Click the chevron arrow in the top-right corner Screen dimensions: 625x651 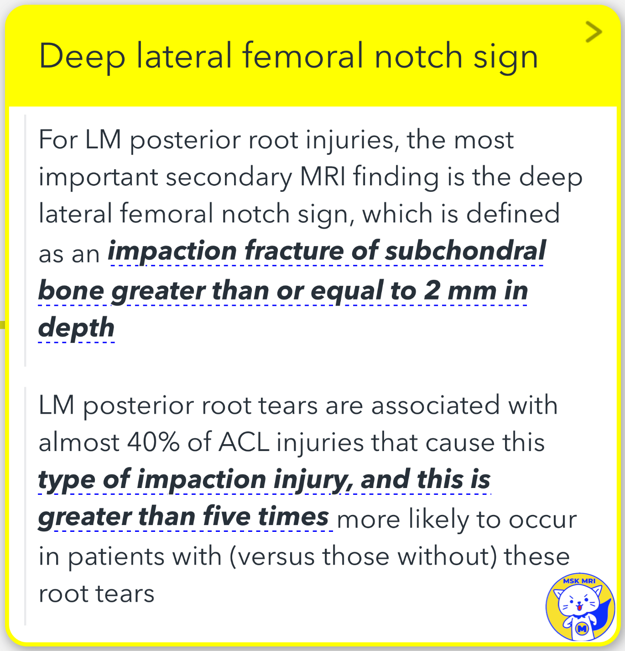click(594, 32)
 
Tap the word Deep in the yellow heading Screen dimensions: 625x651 click(82, 57)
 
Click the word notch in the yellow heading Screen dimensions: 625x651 click(418, 57)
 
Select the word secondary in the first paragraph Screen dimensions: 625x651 click(229, 177)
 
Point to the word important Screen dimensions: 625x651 click(98, 177)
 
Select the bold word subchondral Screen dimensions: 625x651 click(465, 251)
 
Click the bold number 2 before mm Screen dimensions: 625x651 click(432, 290)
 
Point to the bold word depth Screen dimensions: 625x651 click(76, 328)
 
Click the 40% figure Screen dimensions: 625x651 click(153, 442)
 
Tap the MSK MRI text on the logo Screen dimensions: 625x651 click(579, 581)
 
